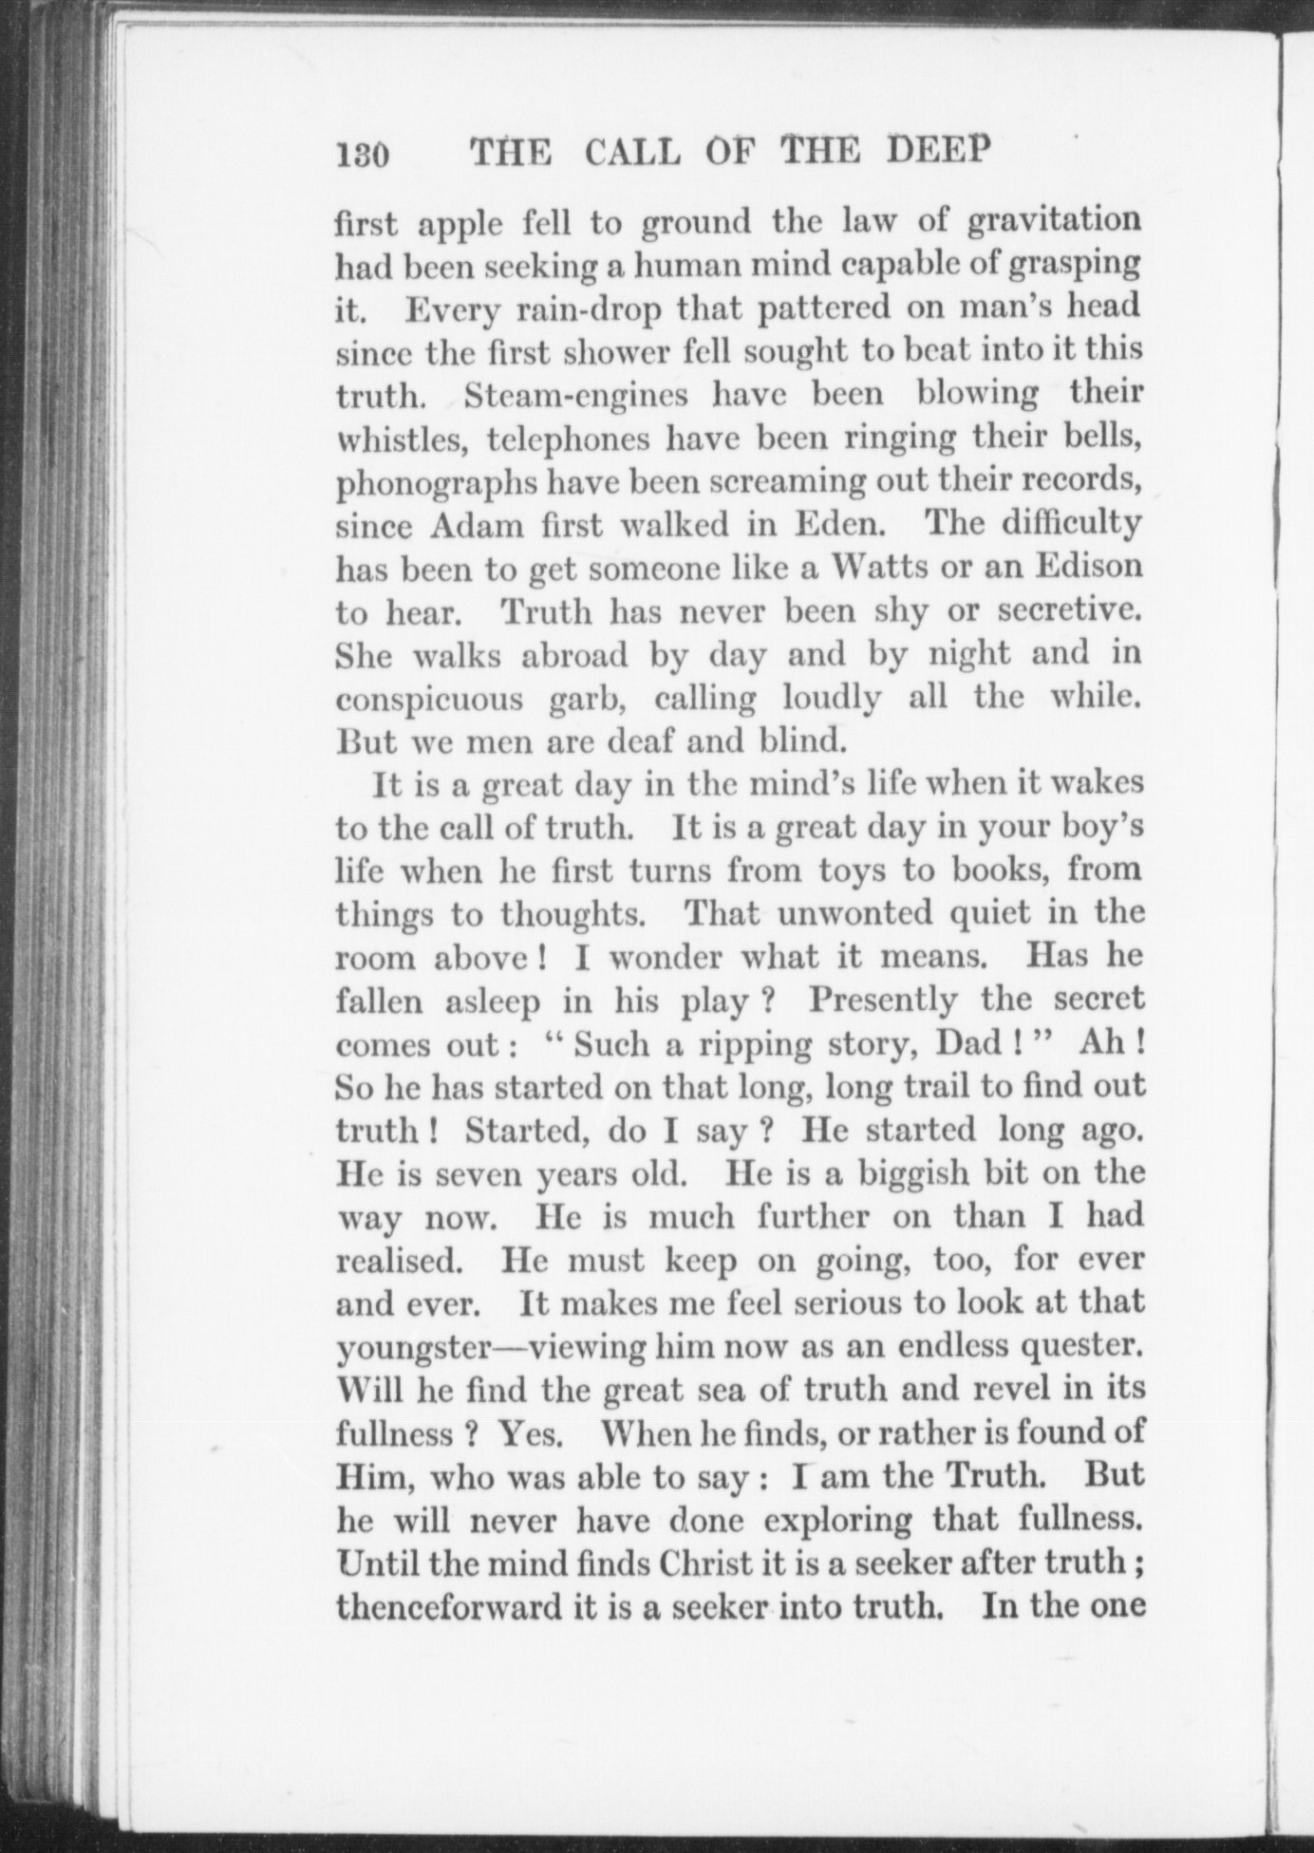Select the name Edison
1088,567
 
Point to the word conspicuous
429,700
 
